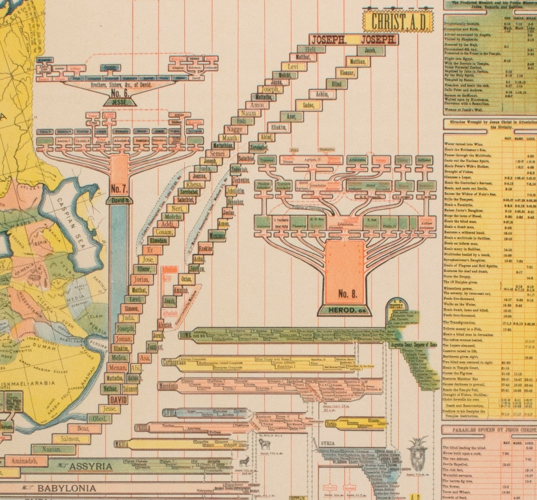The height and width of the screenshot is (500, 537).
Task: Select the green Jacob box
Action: click(370, 50)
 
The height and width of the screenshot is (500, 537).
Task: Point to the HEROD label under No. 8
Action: click(344, 311)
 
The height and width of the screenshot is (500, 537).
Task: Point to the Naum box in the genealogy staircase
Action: click(251, 113)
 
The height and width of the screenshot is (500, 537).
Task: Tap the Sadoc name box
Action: click(309, 105)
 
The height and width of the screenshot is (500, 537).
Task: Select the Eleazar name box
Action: click(346, 73)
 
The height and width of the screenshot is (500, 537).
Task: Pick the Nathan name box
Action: click(111, 389)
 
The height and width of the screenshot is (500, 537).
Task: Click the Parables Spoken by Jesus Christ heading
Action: click(490, 430)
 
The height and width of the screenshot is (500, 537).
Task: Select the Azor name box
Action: click(292, 117)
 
